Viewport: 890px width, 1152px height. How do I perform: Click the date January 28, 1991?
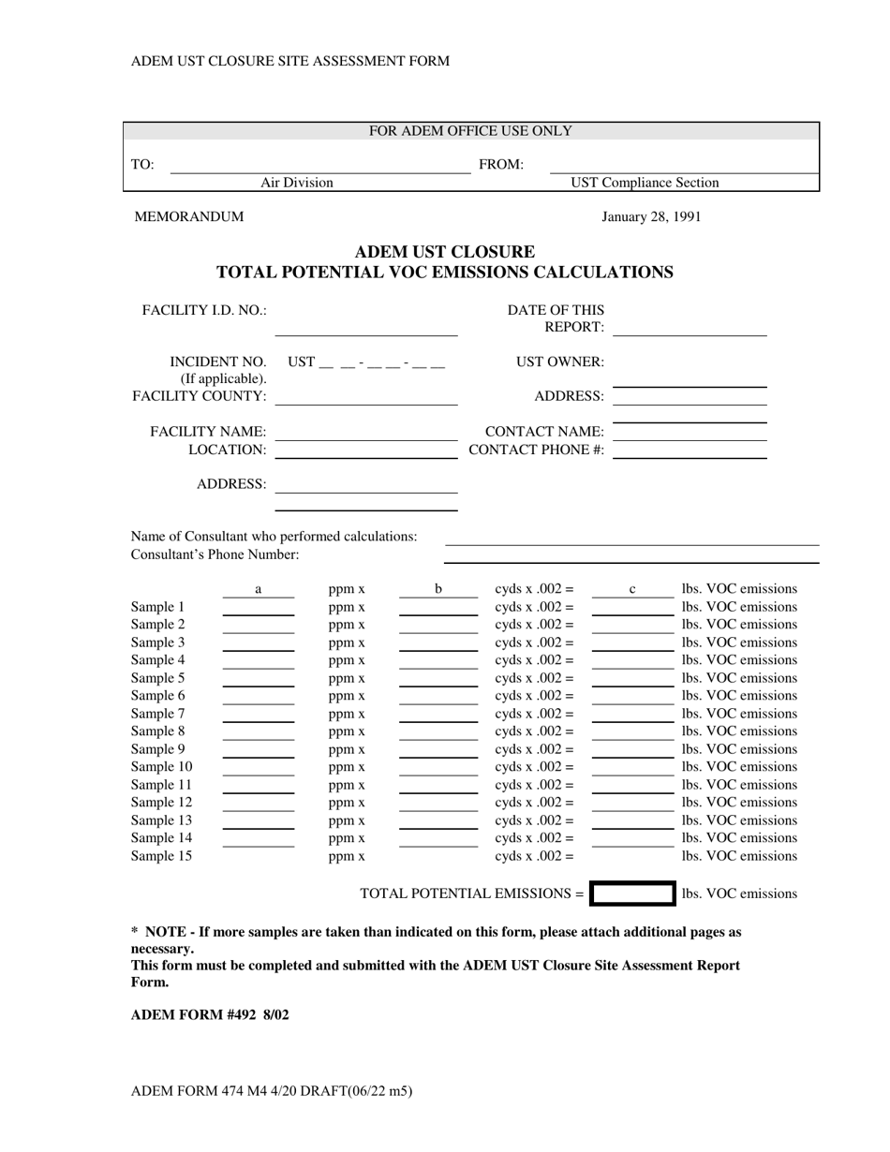point(651,216)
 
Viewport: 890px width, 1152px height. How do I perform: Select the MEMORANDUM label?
point(189,216)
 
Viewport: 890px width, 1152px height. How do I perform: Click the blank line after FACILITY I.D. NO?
point(366,328)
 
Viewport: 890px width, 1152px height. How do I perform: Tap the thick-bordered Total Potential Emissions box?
point(632,894)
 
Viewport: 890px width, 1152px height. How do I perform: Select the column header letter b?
point(438,589)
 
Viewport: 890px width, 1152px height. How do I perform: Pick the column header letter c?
point(632,589)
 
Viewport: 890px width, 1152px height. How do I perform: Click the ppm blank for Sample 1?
point(259,609)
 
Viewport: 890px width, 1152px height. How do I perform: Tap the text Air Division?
point(296,183)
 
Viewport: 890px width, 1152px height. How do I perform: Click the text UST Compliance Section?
point(645,183)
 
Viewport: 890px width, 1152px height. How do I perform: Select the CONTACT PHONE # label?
point(536,450)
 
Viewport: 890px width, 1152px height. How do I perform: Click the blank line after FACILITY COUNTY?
point(366,398)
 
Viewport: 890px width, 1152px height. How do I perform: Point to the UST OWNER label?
point(560,362)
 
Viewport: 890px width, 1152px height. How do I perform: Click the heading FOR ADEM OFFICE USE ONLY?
point(470,131)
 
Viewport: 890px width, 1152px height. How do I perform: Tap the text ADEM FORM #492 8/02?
point(210,1014)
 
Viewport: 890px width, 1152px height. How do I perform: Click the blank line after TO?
point(319,167)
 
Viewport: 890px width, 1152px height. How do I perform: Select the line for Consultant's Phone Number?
point(631,556)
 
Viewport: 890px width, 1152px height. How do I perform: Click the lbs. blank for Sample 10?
point(632,768)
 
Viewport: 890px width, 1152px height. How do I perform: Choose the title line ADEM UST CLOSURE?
point(445,252)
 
